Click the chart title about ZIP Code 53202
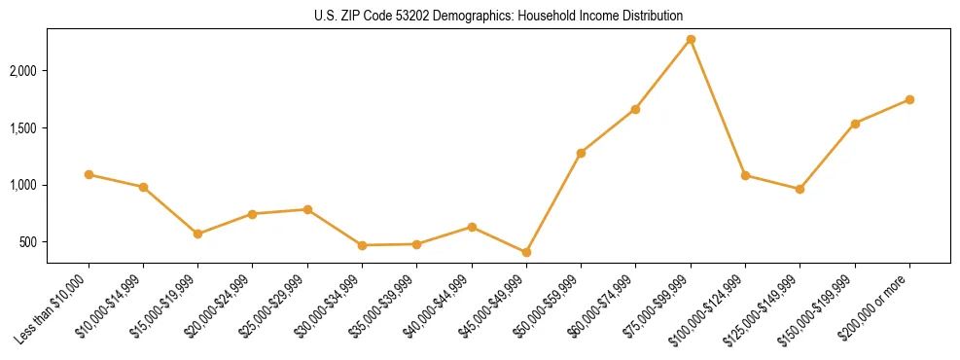(498, 16)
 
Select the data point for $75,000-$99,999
(691, 39)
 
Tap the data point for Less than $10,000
(89, 174)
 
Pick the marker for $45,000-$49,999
(526, 252)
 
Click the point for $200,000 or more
(909, 99)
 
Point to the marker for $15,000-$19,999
(197, 234)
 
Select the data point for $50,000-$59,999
(581, 153)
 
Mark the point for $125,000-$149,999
(800, 189)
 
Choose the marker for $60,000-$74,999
(635, 109)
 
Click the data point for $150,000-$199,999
(855, 124)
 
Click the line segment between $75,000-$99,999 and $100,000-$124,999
(718, 107)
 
